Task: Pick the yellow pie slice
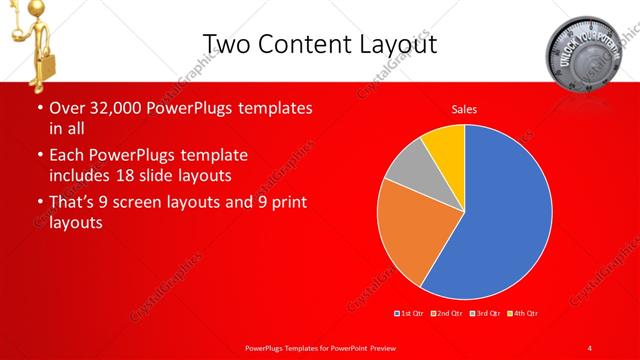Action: pyautogui.click(x=444, y=145)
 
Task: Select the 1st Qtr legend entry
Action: pyautogui.click(x=412, y=314)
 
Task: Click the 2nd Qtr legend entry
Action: pyautogui.click(x=447, y=314)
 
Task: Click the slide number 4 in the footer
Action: pyautogui.click(x=590, y=347)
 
